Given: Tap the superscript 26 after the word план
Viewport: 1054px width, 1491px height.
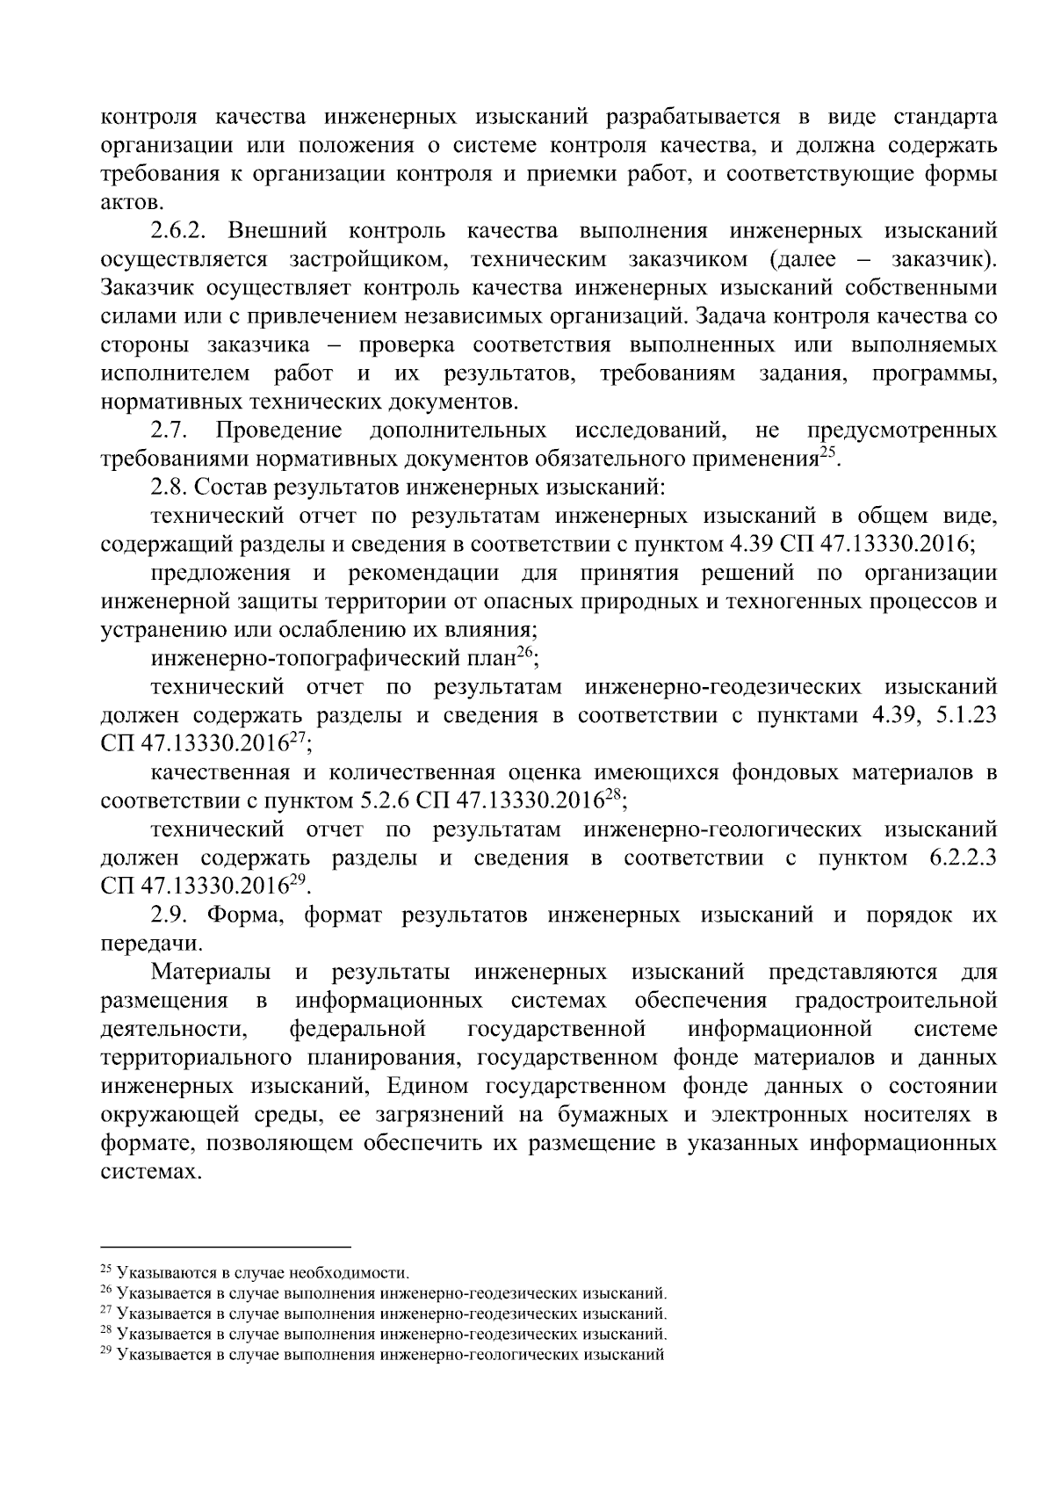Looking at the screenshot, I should (x=524, y=653).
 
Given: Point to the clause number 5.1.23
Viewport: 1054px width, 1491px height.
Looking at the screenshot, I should (x=967, y=715).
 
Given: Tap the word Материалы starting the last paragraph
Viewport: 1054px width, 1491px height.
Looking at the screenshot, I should (x=209, y=973).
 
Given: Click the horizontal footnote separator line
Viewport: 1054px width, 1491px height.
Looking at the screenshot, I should (x=226, y=1247).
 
